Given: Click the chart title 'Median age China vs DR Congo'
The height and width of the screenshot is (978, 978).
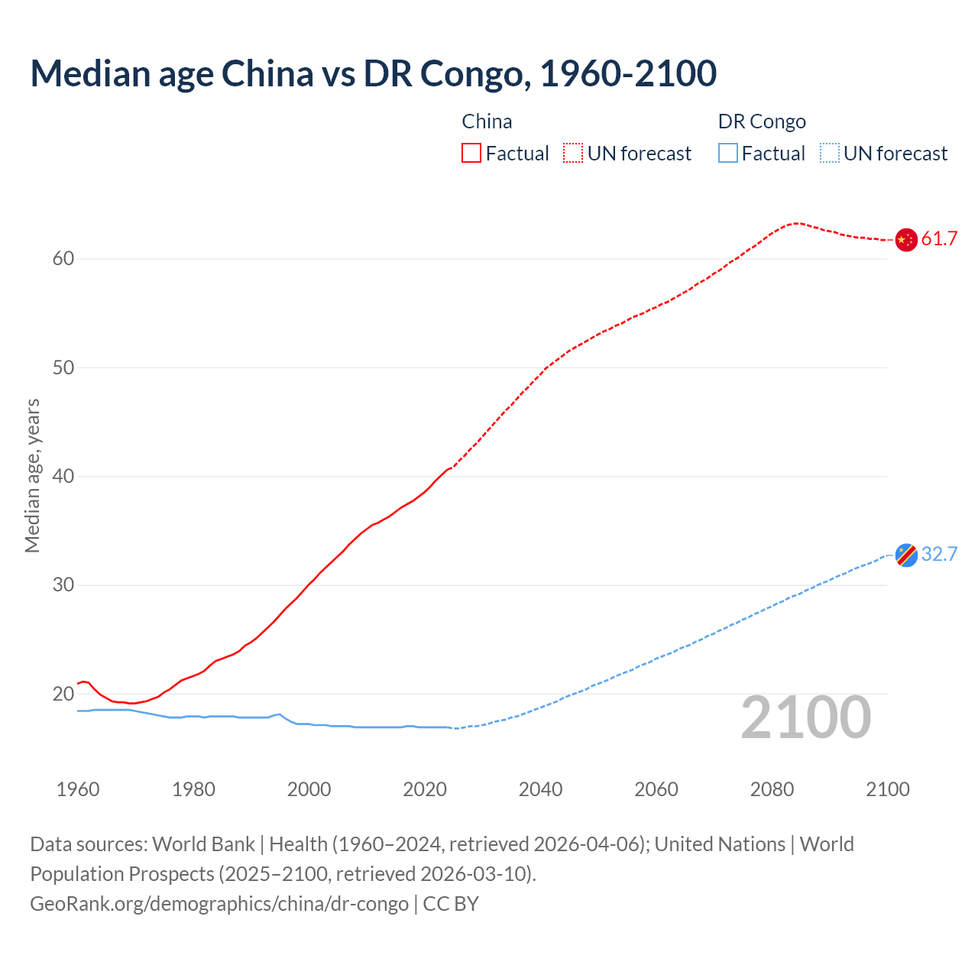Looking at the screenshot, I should point(373,73).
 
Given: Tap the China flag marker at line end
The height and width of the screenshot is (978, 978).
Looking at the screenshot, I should point(905,239).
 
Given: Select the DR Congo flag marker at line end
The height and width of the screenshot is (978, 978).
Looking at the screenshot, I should point(905,555).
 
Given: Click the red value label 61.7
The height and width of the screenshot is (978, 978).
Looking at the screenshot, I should point(939,239).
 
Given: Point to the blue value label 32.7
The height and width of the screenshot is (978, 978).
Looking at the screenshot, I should point(939,555).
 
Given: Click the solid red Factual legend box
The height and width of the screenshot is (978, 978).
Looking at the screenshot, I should point(471,154).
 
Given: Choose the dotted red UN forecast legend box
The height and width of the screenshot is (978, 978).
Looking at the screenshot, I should point(573,154).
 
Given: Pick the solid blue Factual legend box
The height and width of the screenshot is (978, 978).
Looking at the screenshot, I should point(728,154).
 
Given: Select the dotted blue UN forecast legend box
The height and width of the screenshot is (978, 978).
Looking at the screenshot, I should point(830,154).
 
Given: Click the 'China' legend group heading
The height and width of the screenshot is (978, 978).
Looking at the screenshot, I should point(487,121).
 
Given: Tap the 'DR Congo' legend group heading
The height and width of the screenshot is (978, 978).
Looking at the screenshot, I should point(762,121).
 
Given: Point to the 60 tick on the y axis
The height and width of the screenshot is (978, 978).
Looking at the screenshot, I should point(63,259).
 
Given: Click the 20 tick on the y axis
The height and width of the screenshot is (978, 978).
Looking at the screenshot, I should point(63,695).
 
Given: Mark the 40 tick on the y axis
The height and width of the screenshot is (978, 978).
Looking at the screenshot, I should point(63,477).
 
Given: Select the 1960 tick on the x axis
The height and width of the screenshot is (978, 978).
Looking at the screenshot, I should point(78,789).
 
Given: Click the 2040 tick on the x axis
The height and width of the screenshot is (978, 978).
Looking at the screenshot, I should point(540,789).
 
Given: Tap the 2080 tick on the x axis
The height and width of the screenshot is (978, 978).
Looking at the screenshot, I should point(772,789).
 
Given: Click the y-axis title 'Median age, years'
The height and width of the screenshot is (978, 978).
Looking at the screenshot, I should point(32,475).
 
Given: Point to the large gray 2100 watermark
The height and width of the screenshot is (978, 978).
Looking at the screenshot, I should point(805,717).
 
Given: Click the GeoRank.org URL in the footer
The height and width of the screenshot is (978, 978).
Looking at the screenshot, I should point(219,904).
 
